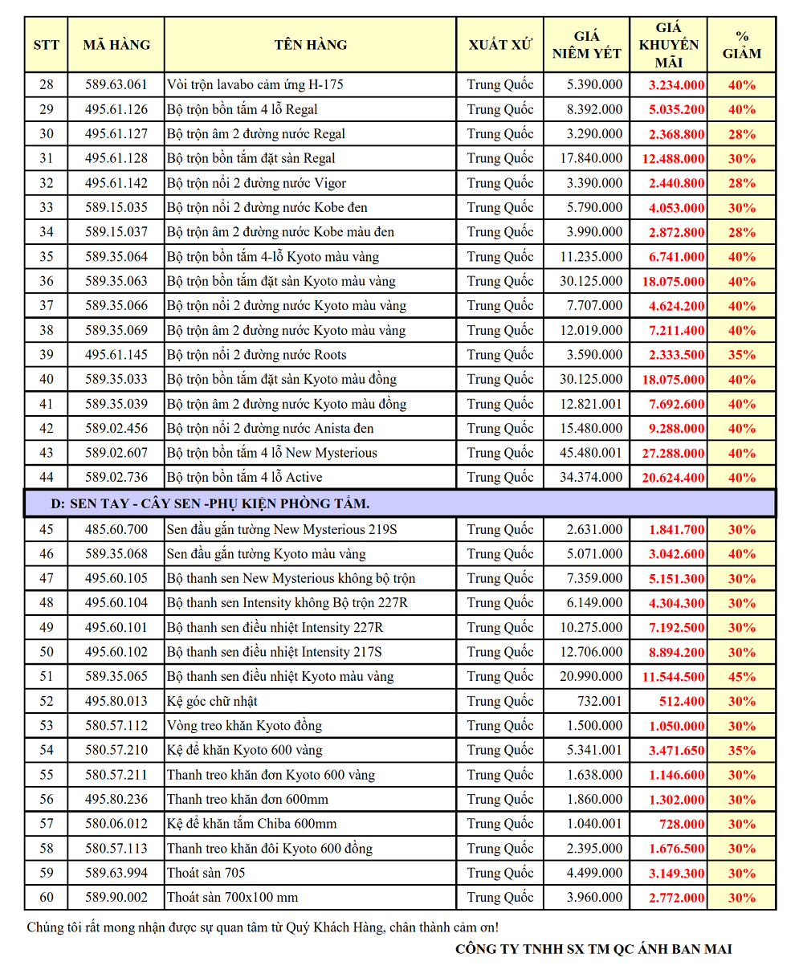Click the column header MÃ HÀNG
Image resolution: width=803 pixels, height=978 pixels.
[x=116, y=45]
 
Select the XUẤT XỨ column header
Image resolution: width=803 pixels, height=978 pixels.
[x=499, y=45]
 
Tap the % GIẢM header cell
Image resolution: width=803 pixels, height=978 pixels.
[x=741, y=45]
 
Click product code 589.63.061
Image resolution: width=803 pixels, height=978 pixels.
[x=116, y=84]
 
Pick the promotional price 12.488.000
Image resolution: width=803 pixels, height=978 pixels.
[x=673, y=159]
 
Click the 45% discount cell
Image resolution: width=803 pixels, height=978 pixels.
[x=741, y=677]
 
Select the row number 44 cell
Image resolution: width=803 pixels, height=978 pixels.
[x=47, y=478]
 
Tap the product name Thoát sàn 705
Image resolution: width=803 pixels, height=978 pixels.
[x=206, y=873]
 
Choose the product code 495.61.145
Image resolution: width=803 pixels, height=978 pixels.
[x=116, y=355]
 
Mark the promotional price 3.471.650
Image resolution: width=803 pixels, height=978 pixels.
[x=673, y=751]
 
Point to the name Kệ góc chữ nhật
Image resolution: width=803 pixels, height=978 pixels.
[x=212, y=701]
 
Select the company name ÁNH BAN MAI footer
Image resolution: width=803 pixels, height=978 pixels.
[x=593, y=949]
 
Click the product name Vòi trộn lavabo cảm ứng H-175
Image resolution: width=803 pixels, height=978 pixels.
[x=255, y=84]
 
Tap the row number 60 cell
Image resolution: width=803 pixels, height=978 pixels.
[x=47, y=898]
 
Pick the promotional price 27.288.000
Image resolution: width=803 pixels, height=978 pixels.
[x=673, y=454]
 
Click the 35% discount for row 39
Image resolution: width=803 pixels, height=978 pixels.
[x=741, y=355]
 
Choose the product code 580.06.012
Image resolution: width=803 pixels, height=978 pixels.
[x=116, y=824]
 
